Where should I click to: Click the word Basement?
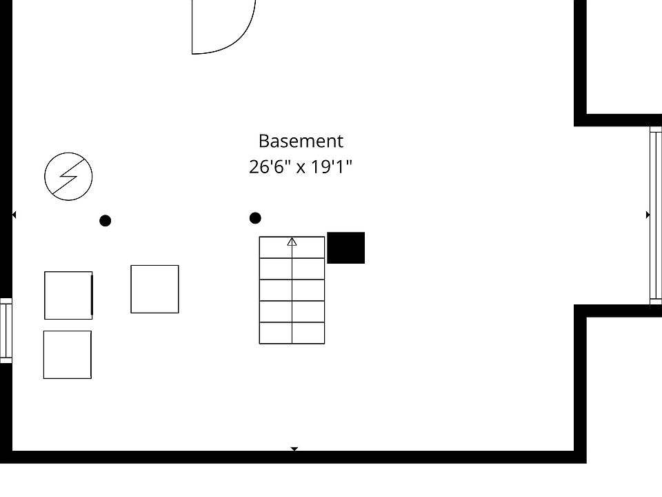point(301,142)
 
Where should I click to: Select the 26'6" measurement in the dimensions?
point(270,167)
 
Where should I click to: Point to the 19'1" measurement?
point(330,167)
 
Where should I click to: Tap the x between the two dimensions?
point(301,168)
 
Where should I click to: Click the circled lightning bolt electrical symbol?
point(68,177)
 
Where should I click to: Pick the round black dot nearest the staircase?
point(255,218)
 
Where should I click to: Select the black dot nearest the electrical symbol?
point(106,221)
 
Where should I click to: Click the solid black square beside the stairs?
point(345,248)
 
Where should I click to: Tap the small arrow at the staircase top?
point(292,242)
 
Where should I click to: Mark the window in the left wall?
point(6,331)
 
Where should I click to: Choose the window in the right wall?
point(655,215)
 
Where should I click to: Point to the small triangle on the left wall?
point(14,215)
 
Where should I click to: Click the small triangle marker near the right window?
point(648,215)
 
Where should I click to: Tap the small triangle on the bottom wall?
point(294,449)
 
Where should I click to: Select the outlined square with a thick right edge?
point(68,295)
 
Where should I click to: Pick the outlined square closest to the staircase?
point(154,289)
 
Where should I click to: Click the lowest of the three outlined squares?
point(68,355)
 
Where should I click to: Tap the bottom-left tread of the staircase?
point(276,333)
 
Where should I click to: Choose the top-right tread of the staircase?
point(308,248)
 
